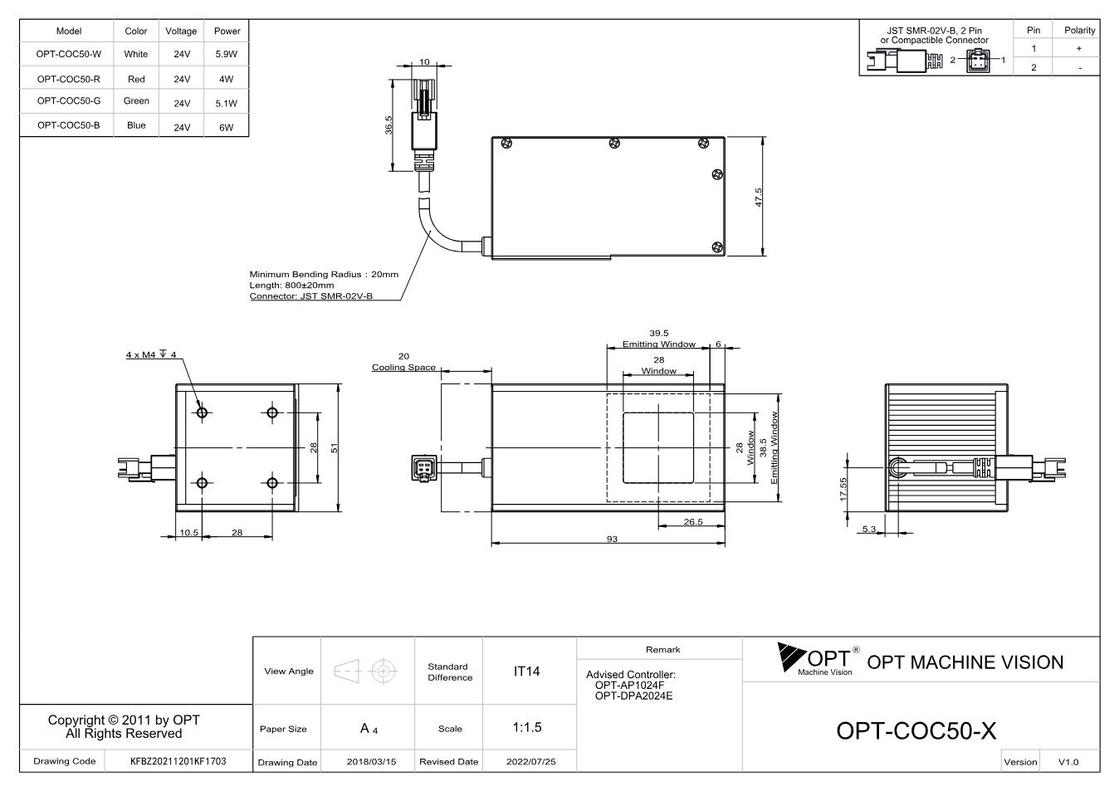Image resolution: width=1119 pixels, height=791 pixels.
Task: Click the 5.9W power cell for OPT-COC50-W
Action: tap(227, 54)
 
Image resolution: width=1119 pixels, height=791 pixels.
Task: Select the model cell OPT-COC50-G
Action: tap(68, 101)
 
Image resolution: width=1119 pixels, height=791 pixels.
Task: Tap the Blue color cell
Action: tap(136, 125)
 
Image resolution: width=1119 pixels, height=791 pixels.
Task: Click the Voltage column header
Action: tap(181, 31)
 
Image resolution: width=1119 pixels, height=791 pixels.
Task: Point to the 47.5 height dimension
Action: tap(759, 198)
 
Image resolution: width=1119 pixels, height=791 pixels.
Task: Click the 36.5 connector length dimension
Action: tap(388, 125)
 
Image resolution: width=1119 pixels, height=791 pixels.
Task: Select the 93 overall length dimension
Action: tap(612, 539)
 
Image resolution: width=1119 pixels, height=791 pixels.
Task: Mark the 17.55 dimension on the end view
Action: tap(843, 490)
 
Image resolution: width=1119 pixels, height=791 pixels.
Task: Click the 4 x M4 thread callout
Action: tap(151, 354)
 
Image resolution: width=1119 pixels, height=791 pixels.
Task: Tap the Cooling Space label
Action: tap(403, 367)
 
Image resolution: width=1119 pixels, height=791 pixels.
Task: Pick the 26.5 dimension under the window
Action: tap(693, 522)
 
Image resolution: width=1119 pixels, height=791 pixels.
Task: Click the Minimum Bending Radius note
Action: tap(324, 274)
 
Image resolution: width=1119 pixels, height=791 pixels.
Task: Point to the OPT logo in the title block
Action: tap(818, 659)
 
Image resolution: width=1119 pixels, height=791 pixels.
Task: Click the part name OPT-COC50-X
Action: tap(916, 731)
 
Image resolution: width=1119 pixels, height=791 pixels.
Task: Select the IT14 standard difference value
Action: tap(526, 671)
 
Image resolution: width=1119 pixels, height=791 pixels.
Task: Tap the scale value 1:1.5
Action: tap(527, 727)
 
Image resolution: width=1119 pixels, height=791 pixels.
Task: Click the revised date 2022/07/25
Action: tap(531, 762)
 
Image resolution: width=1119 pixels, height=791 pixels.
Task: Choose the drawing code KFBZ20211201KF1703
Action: tap(178, 761)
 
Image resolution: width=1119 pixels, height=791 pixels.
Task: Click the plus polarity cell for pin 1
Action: tap(1079, 48)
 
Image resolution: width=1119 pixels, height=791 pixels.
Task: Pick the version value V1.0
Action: tap(1068, 762)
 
